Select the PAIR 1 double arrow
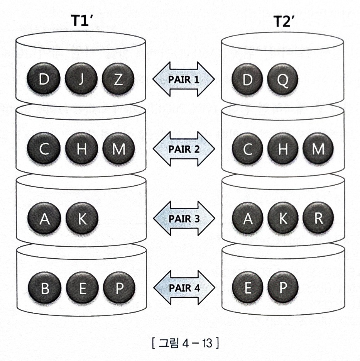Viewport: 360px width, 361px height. (x=184, y=79)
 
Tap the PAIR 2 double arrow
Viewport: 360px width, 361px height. (x=184, y=149)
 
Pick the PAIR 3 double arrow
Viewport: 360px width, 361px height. (x=184, y=218)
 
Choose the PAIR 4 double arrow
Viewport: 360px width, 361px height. (x=184, y=287)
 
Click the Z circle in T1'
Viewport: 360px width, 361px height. (x=118, y=80)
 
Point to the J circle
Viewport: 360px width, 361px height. (x=81, y=80)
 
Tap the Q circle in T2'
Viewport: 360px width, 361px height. (x=283, y=80)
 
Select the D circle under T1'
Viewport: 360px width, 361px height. (x=44, y=80)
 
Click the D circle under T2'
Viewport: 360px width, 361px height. (x=247, y=80)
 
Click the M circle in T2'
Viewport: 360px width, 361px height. (x=319, y=149)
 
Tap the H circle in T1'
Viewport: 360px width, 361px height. (x=81, y=149)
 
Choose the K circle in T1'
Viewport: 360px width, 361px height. (x=81, y=219)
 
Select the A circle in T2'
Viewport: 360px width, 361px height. (x=247, y=219)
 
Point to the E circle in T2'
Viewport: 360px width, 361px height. (x=247, y=288)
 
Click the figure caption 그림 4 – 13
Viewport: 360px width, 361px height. (x=186, y=343)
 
